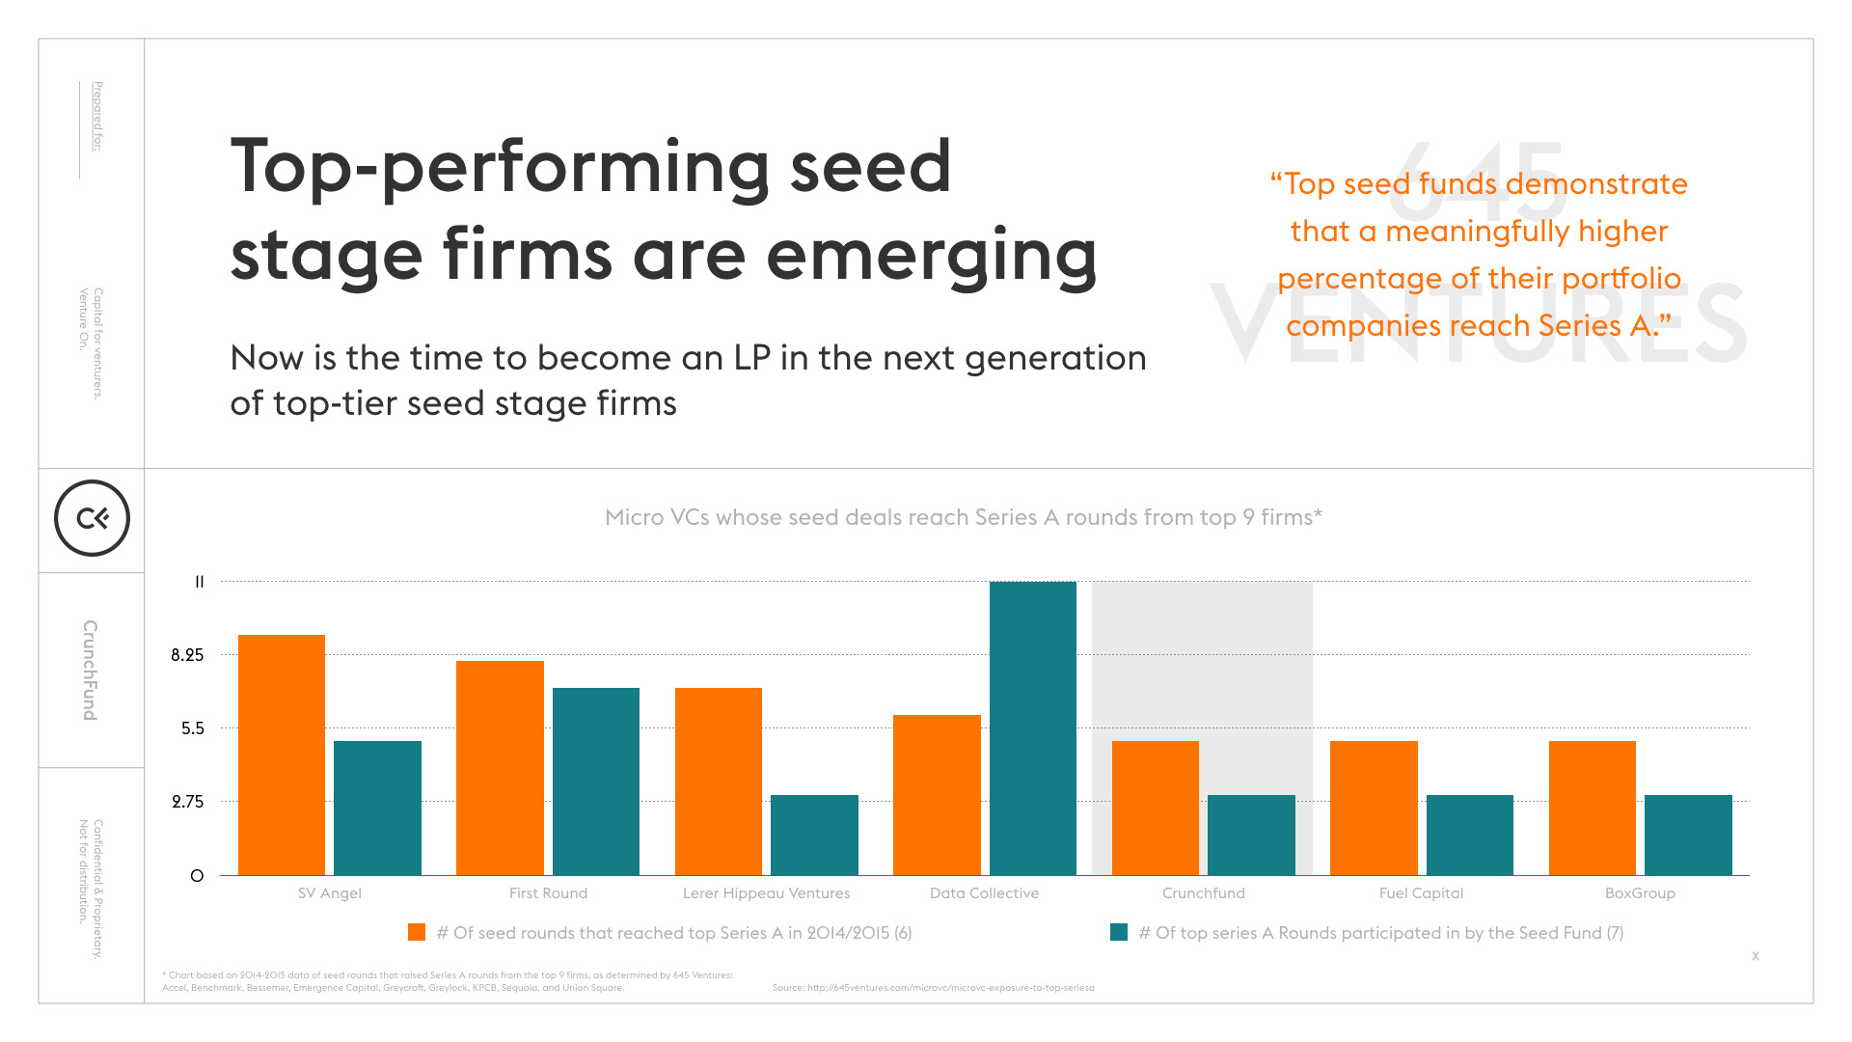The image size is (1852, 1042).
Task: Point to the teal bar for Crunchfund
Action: pos(1251,835)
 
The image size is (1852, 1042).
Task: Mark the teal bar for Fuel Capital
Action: pos(1470,835)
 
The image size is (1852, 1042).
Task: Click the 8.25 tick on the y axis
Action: pos(187,655)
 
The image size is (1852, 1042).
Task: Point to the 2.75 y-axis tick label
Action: pos(187,802)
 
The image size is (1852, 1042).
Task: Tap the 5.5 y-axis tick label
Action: pos(193,728)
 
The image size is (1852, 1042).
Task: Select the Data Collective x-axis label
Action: pos(984,893)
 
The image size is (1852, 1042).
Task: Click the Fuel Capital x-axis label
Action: pos(1421,893)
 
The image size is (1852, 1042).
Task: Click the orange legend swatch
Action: pos(417,932)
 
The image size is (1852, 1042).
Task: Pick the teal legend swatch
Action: pos(1119,932)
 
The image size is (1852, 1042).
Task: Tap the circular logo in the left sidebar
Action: pos(92,518)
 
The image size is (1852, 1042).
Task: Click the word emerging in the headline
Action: pos(932,256)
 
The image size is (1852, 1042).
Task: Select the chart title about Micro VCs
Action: pos(964,517)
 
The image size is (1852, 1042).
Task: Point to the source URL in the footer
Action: pos(933,988)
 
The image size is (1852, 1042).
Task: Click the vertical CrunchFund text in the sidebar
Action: pos(90,670)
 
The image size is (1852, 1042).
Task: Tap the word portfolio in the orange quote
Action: pos(1621,279)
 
